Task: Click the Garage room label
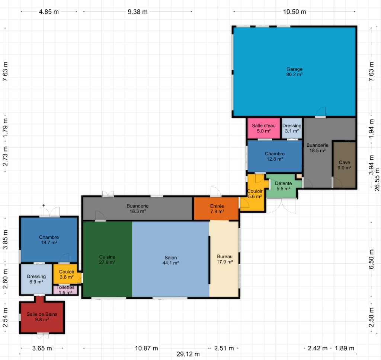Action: tap(294, 72)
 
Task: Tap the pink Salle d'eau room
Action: tap(264, 128)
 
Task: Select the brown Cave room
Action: tap(344, 165)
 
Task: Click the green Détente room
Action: tap(283, 186)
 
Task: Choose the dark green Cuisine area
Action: tap(108, 259)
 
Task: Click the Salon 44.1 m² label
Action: tap(170, 260)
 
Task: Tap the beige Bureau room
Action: tap(224, 259)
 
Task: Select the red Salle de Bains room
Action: tap(42, 317)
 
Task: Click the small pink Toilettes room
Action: tap(65, 290)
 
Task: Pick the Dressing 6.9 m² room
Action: tap(36, 279)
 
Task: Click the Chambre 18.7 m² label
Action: tap(49, 240)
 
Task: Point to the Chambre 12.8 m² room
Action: tap(275, 156)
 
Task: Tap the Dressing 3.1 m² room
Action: tap(292, 128)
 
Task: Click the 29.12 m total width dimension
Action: tap(188, 354)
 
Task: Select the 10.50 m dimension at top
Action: tap(295, 12)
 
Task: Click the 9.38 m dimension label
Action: tap(138, 12)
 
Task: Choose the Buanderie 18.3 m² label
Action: tap(138, 208)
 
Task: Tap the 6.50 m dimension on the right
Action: tap(371, 259)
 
